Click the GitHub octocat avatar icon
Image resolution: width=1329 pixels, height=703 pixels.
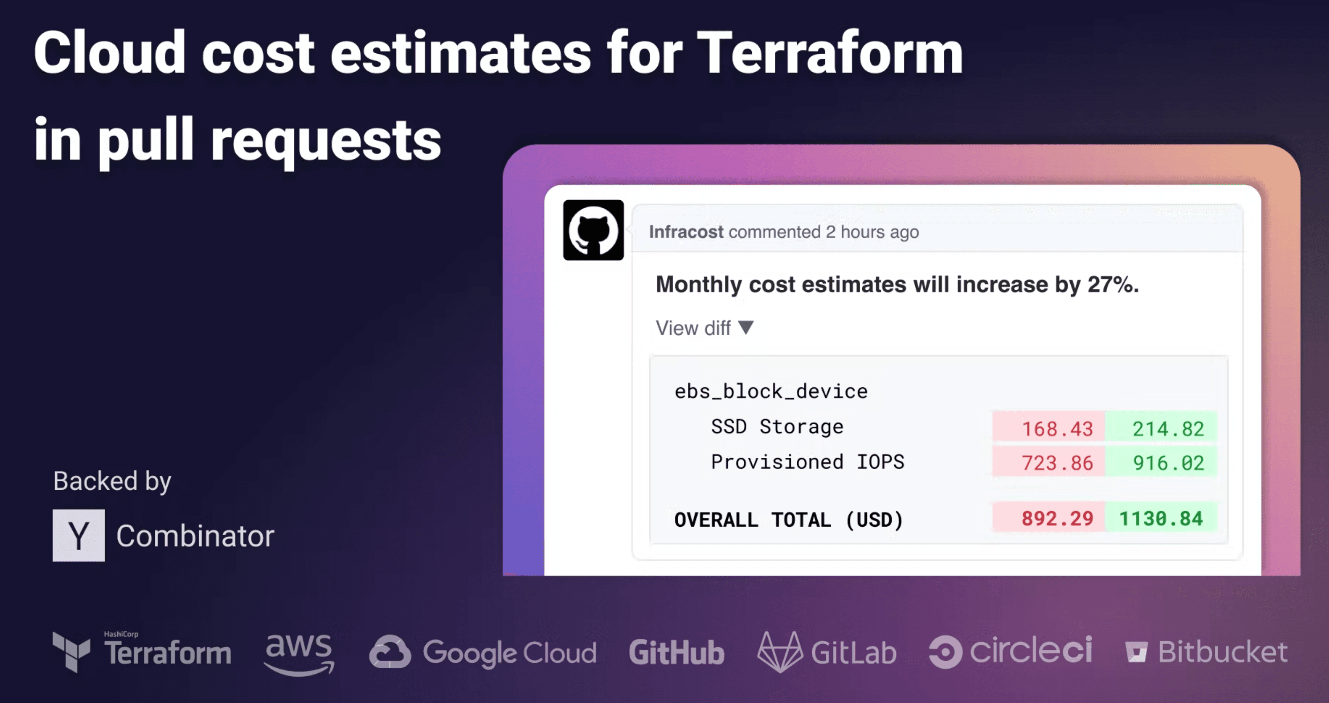(593, 230)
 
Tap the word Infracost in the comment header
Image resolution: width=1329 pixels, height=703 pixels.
(686, 232)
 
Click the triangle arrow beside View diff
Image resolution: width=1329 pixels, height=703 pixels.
(746, 328)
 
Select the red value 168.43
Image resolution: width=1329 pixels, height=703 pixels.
(1057, 428)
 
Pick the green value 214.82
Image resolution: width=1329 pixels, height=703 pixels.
(1168, 428)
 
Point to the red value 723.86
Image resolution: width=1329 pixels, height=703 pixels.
(1057, 463)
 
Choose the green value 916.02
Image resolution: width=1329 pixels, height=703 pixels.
(1168, 463)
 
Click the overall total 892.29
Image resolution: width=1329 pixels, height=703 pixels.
(1057, 518)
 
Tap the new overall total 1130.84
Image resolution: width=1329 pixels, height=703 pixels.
(1161, 518)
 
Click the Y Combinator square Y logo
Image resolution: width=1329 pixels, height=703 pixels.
(78, 535)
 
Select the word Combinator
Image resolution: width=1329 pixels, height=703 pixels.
(195, 536)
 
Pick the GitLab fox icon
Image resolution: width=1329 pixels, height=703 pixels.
(780, 652)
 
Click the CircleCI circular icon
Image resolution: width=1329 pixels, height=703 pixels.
(945, 652)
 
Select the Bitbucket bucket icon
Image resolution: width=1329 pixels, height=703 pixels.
(1136, 652)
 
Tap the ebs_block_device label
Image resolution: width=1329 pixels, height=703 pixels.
(771, 391)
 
